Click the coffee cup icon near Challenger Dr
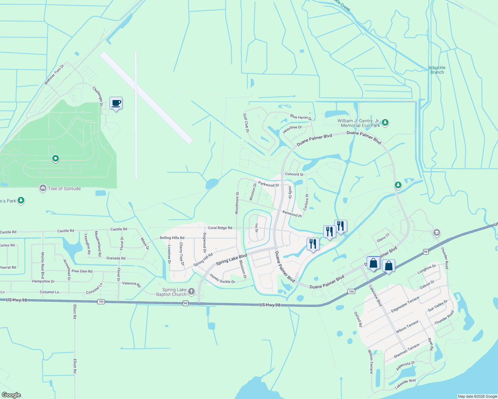pos(116,103)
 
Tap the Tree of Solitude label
pos(64,189)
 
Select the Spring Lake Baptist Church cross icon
pos(191,292)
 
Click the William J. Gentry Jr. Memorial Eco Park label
pos(359,123)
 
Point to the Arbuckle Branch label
pos(437,70)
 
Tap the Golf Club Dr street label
pos(246,123)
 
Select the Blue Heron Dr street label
pos(301,117)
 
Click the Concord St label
pos(294,174)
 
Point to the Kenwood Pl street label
pos(292,214)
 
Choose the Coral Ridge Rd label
pos(220,228)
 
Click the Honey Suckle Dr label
pos(222,279)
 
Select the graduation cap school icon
pos(436,233)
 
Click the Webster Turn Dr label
pos(54,74)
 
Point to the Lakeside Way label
pos(405,384)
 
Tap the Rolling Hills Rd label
pos(172,238)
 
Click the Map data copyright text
pos(477,396)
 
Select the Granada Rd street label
pos(116,258)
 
